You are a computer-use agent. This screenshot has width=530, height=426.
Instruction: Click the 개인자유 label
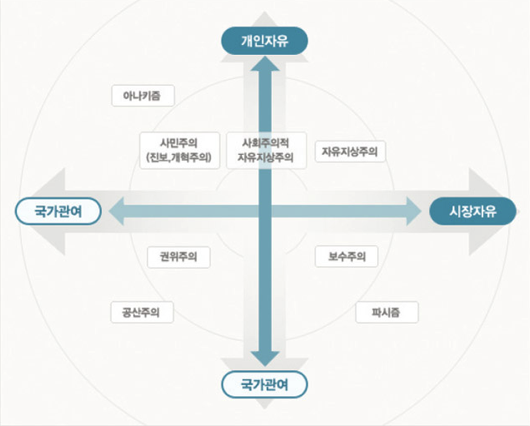click(264, 40)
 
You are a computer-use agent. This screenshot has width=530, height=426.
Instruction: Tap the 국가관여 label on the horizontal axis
click(57, 211)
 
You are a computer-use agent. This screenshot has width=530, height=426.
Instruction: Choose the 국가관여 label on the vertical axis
click(264, 384)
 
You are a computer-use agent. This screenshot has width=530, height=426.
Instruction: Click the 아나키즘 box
click(142, 96)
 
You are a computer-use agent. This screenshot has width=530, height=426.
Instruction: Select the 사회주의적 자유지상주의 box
click(266, 149)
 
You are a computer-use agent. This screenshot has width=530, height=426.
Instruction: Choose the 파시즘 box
click(387, 313)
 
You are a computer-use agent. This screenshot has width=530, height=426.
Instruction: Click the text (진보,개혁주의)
click(178, 156)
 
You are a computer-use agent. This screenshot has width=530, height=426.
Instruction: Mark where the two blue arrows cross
click(265, 211)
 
